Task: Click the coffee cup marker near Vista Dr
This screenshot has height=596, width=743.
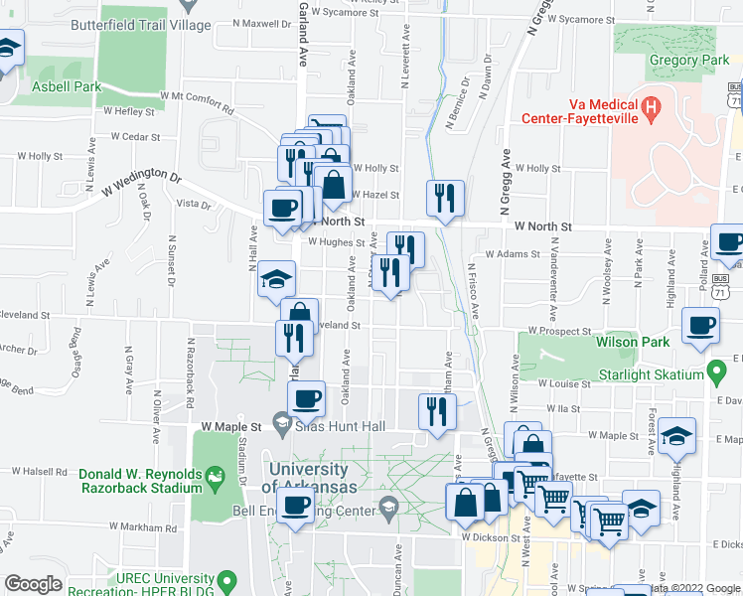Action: tap(283, 207)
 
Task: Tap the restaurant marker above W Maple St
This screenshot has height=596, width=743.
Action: tap(437, 410)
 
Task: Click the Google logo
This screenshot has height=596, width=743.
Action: tap(33, 584)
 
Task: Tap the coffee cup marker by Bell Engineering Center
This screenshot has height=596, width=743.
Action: tap(294, 505)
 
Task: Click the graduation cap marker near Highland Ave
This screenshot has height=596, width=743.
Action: tap(676, 434)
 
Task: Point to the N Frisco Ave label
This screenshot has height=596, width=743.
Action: tap(473, 289)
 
